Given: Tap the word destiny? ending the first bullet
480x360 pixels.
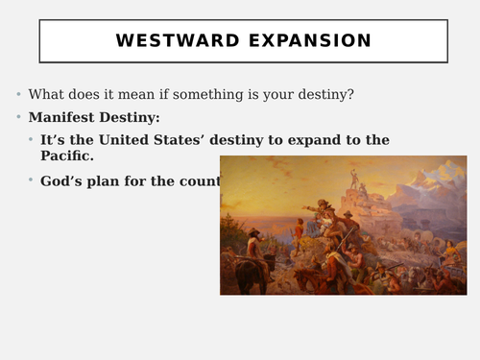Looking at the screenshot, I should pyautogui.click(x=322, y=94).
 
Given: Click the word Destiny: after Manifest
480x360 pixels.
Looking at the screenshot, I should pyautogui.click(x=130, y=118).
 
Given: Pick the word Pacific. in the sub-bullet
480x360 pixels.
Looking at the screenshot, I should pyautogui.click(x=66, y=156).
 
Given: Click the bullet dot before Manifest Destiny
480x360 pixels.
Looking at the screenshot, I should pyautogui.click(x=18, y=118).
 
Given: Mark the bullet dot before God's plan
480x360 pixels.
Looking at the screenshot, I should pyautogui.click(x=31, y=180).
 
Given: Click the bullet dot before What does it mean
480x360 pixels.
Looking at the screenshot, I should pyautogui.click(x=18, y=94).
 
